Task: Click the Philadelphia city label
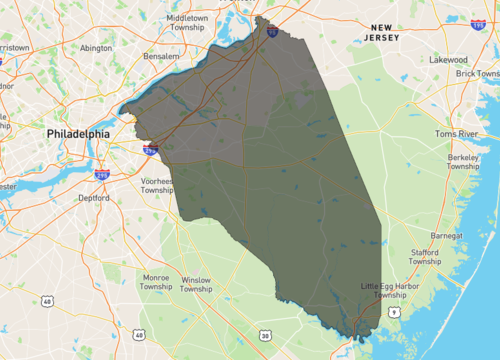tap(84, 132)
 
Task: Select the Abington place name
tap(96, 47)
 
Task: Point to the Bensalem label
tap(160, 57)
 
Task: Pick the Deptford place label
tap(95, 197)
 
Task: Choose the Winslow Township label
tap(197, 285)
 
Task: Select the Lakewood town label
tap(449, 60)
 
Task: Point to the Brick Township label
tap(477, 73)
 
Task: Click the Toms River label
tap(459, 133)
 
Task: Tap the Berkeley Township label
tap(462, 162)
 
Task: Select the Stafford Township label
tap(425, 258)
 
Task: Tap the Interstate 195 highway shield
tap(478, 22)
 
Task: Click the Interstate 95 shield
tap(272, 33)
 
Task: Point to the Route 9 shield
tap(394, 313)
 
